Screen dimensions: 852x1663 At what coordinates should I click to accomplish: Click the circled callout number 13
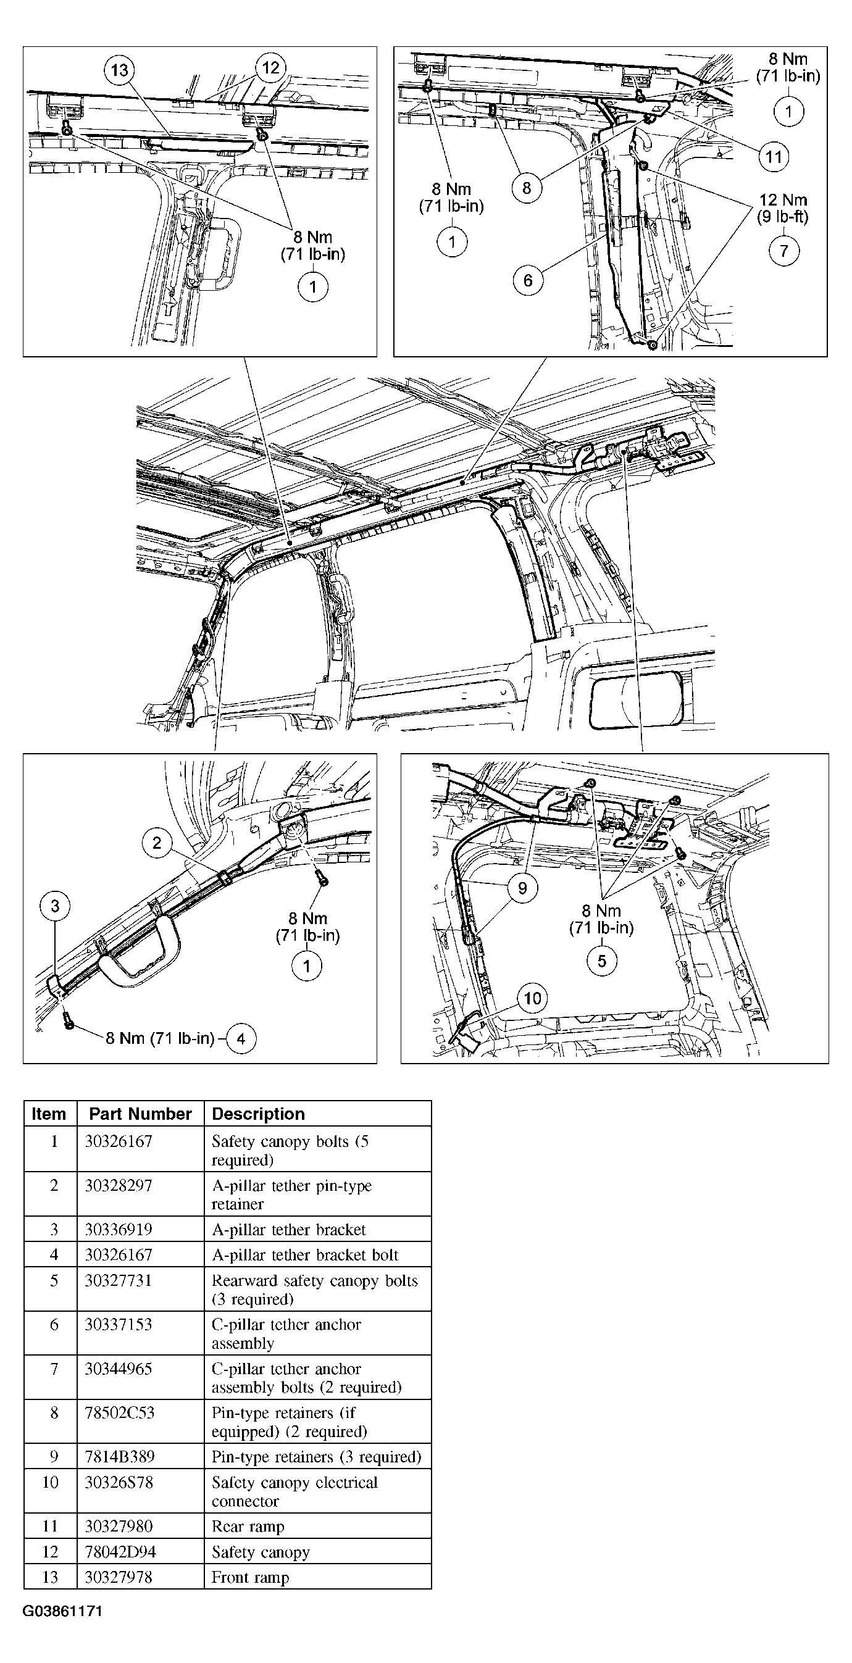(119, 70)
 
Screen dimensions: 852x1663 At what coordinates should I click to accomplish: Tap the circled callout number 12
(270, 68)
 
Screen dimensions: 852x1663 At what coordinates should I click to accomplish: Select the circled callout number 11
(773, 156)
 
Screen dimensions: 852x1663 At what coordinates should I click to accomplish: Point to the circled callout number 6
(528, 280)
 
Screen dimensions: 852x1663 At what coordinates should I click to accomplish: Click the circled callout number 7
(783, 251)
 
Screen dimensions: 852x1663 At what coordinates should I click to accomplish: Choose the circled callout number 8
(527, 188)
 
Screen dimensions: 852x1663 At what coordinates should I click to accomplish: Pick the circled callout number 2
(157, 843)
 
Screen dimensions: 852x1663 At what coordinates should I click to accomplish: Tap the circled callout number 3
(55, 906)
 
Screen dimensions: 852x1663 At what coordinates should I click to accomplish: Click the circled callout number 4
(241, 1038)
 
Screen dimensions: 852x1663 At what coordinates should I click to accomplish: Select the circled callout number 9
(523, 888)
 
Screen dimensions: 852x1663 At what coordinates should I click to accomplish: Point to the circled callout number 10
(532, 998)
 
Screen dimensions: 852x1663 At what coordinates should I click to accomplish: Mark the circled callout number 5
(601, 961)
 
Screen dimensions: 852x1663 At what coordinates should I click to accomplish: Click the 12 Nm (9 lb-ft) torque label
(783, 208)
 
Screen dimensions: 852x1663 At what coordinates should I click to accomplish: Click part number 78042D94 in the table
(121, 1551)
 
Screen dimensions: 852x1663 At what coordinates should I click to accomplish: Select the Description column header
(258, 1114)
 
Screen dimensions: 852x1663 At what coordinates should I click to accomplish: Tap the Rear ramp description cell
(248, 1526)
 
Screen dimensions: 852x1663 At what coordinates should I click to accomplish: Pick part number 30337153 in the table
(118, 1324)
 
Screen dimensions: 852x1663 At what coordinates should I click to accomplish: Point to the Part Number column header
(140, 1114)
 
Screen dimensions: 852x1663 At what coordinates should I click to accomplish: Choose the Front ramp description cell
(251, 1577)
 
